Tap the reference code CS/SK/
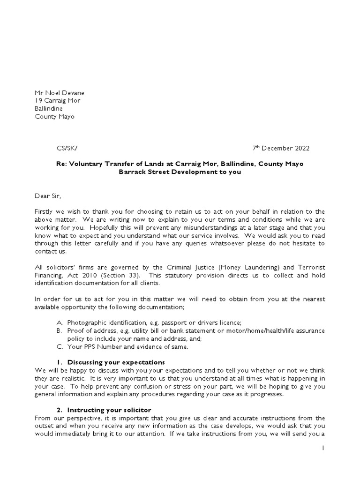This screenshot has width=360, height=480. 67,149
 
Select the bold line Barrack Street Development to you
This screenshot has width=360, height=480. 180,172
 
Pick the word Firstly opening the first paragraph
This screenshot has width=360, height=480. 45,212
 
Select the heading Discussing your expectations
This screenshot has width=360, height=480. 116,362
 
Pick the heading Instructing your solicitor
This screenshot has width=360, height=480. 109,410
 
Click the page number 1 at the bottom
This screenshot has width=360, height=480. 323,448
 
